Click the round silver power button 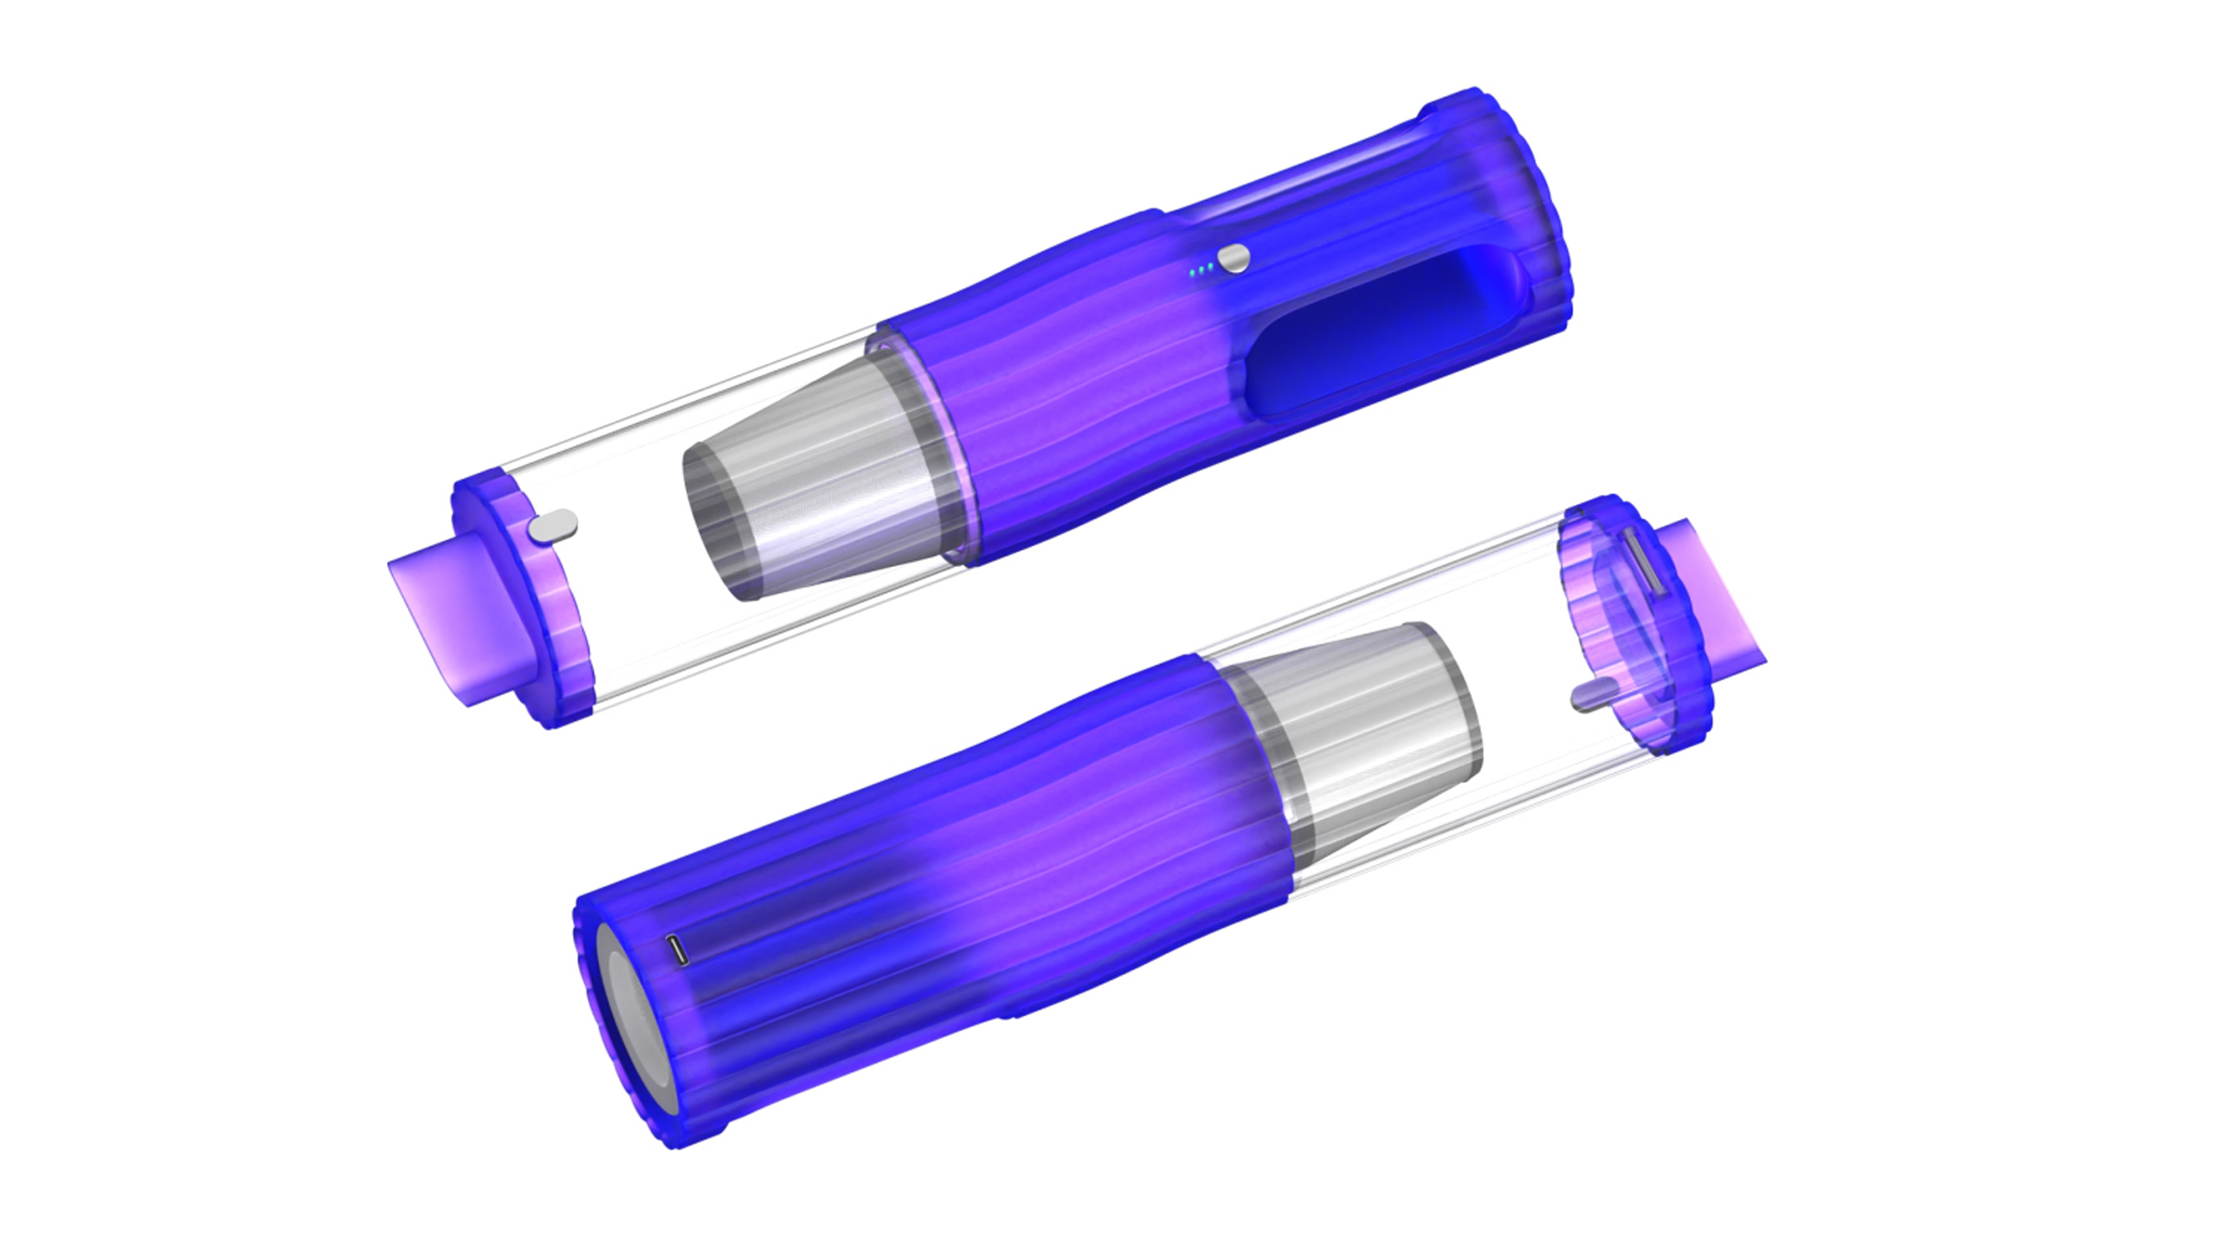tap(1234, 258)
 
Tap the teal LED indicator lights tap(1200, 272)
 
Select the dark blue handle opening tap(1385, 333)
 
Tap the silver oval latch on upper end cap tap(553, 526)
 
